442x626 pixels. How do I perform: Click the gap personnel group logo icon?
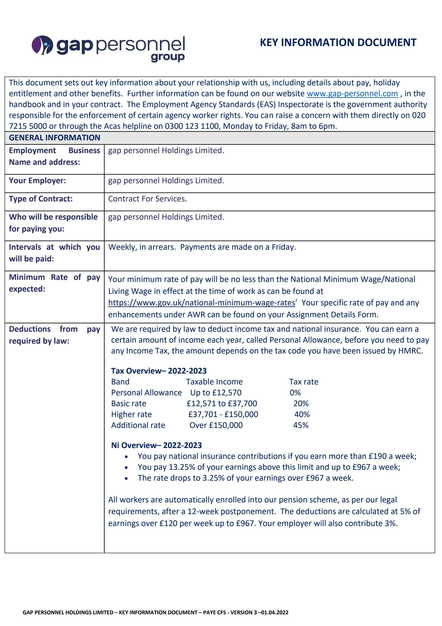[42, 45]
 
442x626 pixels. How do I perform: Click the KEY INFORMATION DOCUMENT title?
[338, 42]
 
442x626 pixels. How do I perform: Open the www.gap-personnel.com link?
[352, 93]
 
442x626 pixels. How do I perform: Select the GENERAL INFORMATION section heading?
[54, 138]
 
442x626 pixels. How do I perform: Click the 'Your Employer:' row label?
[37, 181]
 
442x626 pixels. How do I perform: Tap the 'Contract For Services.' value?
[147, 199]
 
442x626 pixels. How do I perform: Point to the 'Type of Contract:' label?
[41, 199]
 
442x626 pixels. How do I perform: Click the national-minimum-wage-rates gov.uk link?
[201, 303]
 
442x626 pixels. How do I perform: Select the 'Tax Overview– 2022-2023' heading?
[159, 371]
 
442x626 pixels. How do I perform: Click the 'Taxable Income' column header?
[214, 382]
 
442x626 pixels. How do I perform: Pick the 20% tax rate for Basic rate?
[301, 403]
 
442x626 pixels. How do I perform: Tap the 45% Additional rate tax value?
[300, 425]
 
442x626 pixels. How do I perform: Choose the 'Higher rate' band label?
[132, 414]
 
